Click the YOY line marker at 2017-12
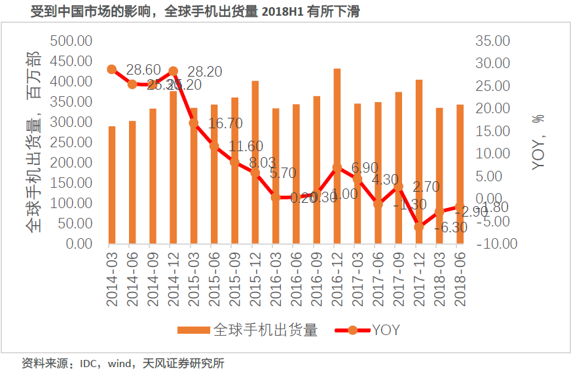coord(419,226)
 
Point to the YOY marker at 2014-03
coord(112,69)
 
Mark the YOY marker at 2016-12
coord(337,168)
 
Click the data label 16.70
coord(225,124)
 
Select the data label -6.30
coord(450,228)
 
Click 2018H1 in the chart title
coord(278,12)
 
